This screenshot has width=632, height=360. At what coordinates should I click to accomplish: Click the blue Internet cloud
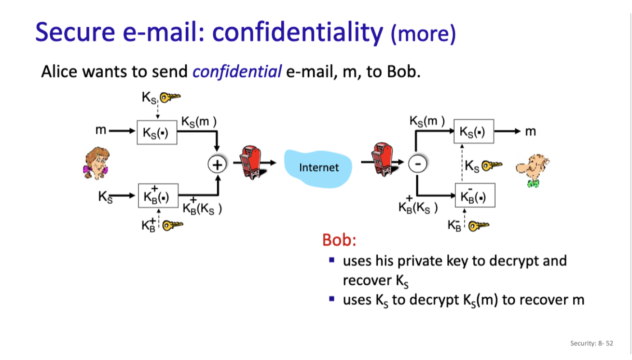point(318,167)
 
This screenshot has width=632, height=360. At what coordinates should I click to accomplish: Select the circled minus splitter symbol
point(417,165)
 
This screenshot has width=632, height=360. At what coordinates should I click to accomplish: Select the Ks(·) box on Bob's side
point(474,132)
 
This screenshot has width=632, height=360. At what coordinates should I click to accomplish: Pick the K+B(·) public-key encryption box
point(157,196)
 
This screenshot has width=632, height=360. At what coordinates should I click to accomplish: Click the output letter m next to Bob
point(530,131)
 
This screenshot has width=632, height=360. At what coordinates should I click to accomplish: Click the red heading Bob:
point(339,240)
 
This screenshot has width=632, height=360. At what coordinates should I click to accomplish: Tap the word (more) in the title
point(423,34)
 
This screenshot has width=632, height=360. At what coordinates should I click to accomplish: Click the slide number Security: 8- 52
point(591,343)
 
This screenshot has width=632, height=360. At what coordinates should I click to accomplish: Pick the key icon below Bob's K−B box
point(478,225)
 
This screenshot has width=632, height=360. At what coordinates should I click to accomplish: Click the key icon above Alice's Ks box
point(169,98)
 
